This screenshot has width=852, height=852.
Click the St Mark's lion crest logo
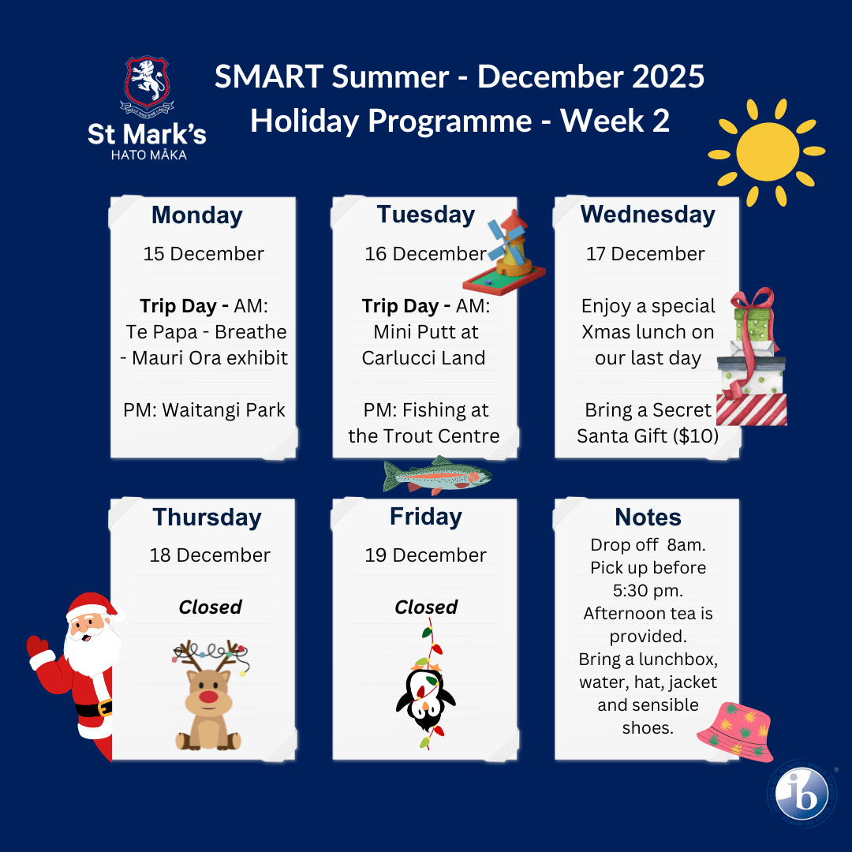tap(147, 84)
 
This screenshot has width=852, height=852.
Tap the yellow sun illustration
tap(767, 152)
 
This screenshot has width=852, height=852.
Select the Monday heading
tap(196, 215)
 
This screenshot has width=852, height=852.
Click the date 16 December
tap(425, 254)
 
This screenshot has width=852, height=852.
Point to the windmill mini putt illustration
tap(506, 252)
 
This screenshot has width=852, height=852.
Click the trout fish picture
tap(437, 476)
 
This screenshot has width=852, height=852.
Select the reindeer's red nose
tap(208, 697)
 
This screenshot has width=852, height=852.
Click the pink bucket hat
tap(735, 731)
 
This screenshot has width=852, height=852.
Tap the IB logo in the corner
tap(802, 794)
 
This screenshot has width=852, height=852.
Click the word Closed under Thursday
tap(211, 607)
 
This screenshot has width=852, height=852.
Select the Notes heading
tap(648, 518)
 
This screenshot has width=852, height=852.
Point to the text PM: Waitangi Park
tap(204, 410)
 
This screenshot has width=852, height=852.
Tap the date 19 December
tap(425, 555)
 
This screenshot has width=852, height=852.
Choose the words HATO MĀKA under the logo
tap(149, 155)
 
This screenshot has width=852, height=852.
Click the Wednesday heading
tap(648, 215)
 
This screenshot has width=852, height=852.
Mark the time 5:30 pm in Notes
tap(648, 591)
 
